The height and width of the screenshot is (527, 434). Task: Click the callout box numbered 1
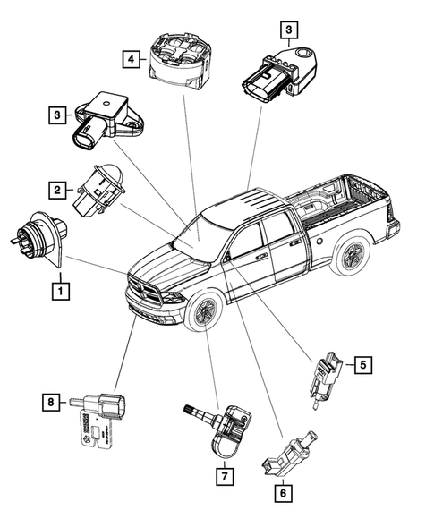click(x=60, y=290)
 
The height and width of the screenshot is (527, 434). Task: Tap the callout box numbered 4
click(x=131, y=59)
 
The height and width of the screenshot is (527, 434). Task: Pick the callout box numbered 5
click(x=362, y=364)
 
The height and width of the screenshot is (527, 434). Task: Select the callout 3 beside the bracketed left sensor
click(x=56, y=114)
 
